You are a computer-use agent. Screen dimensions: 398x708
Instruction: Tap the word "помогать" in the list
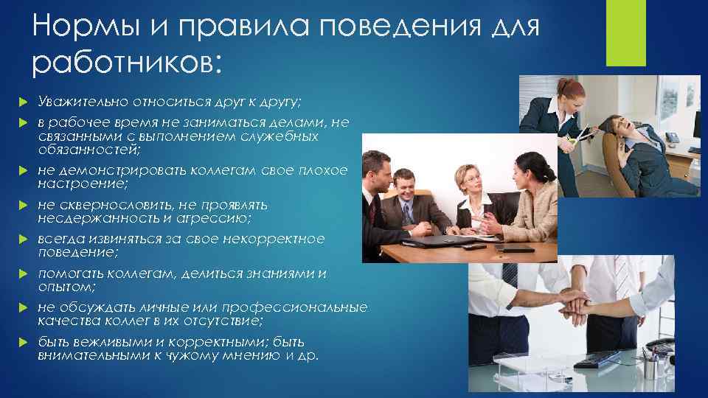tap(71, 274)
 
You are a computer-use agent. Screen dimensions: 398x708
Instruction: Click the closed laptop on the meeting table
tap(442, 237)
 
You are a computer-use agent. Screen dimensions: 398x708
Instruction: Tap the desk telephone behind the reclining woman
tap(673, 138)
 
